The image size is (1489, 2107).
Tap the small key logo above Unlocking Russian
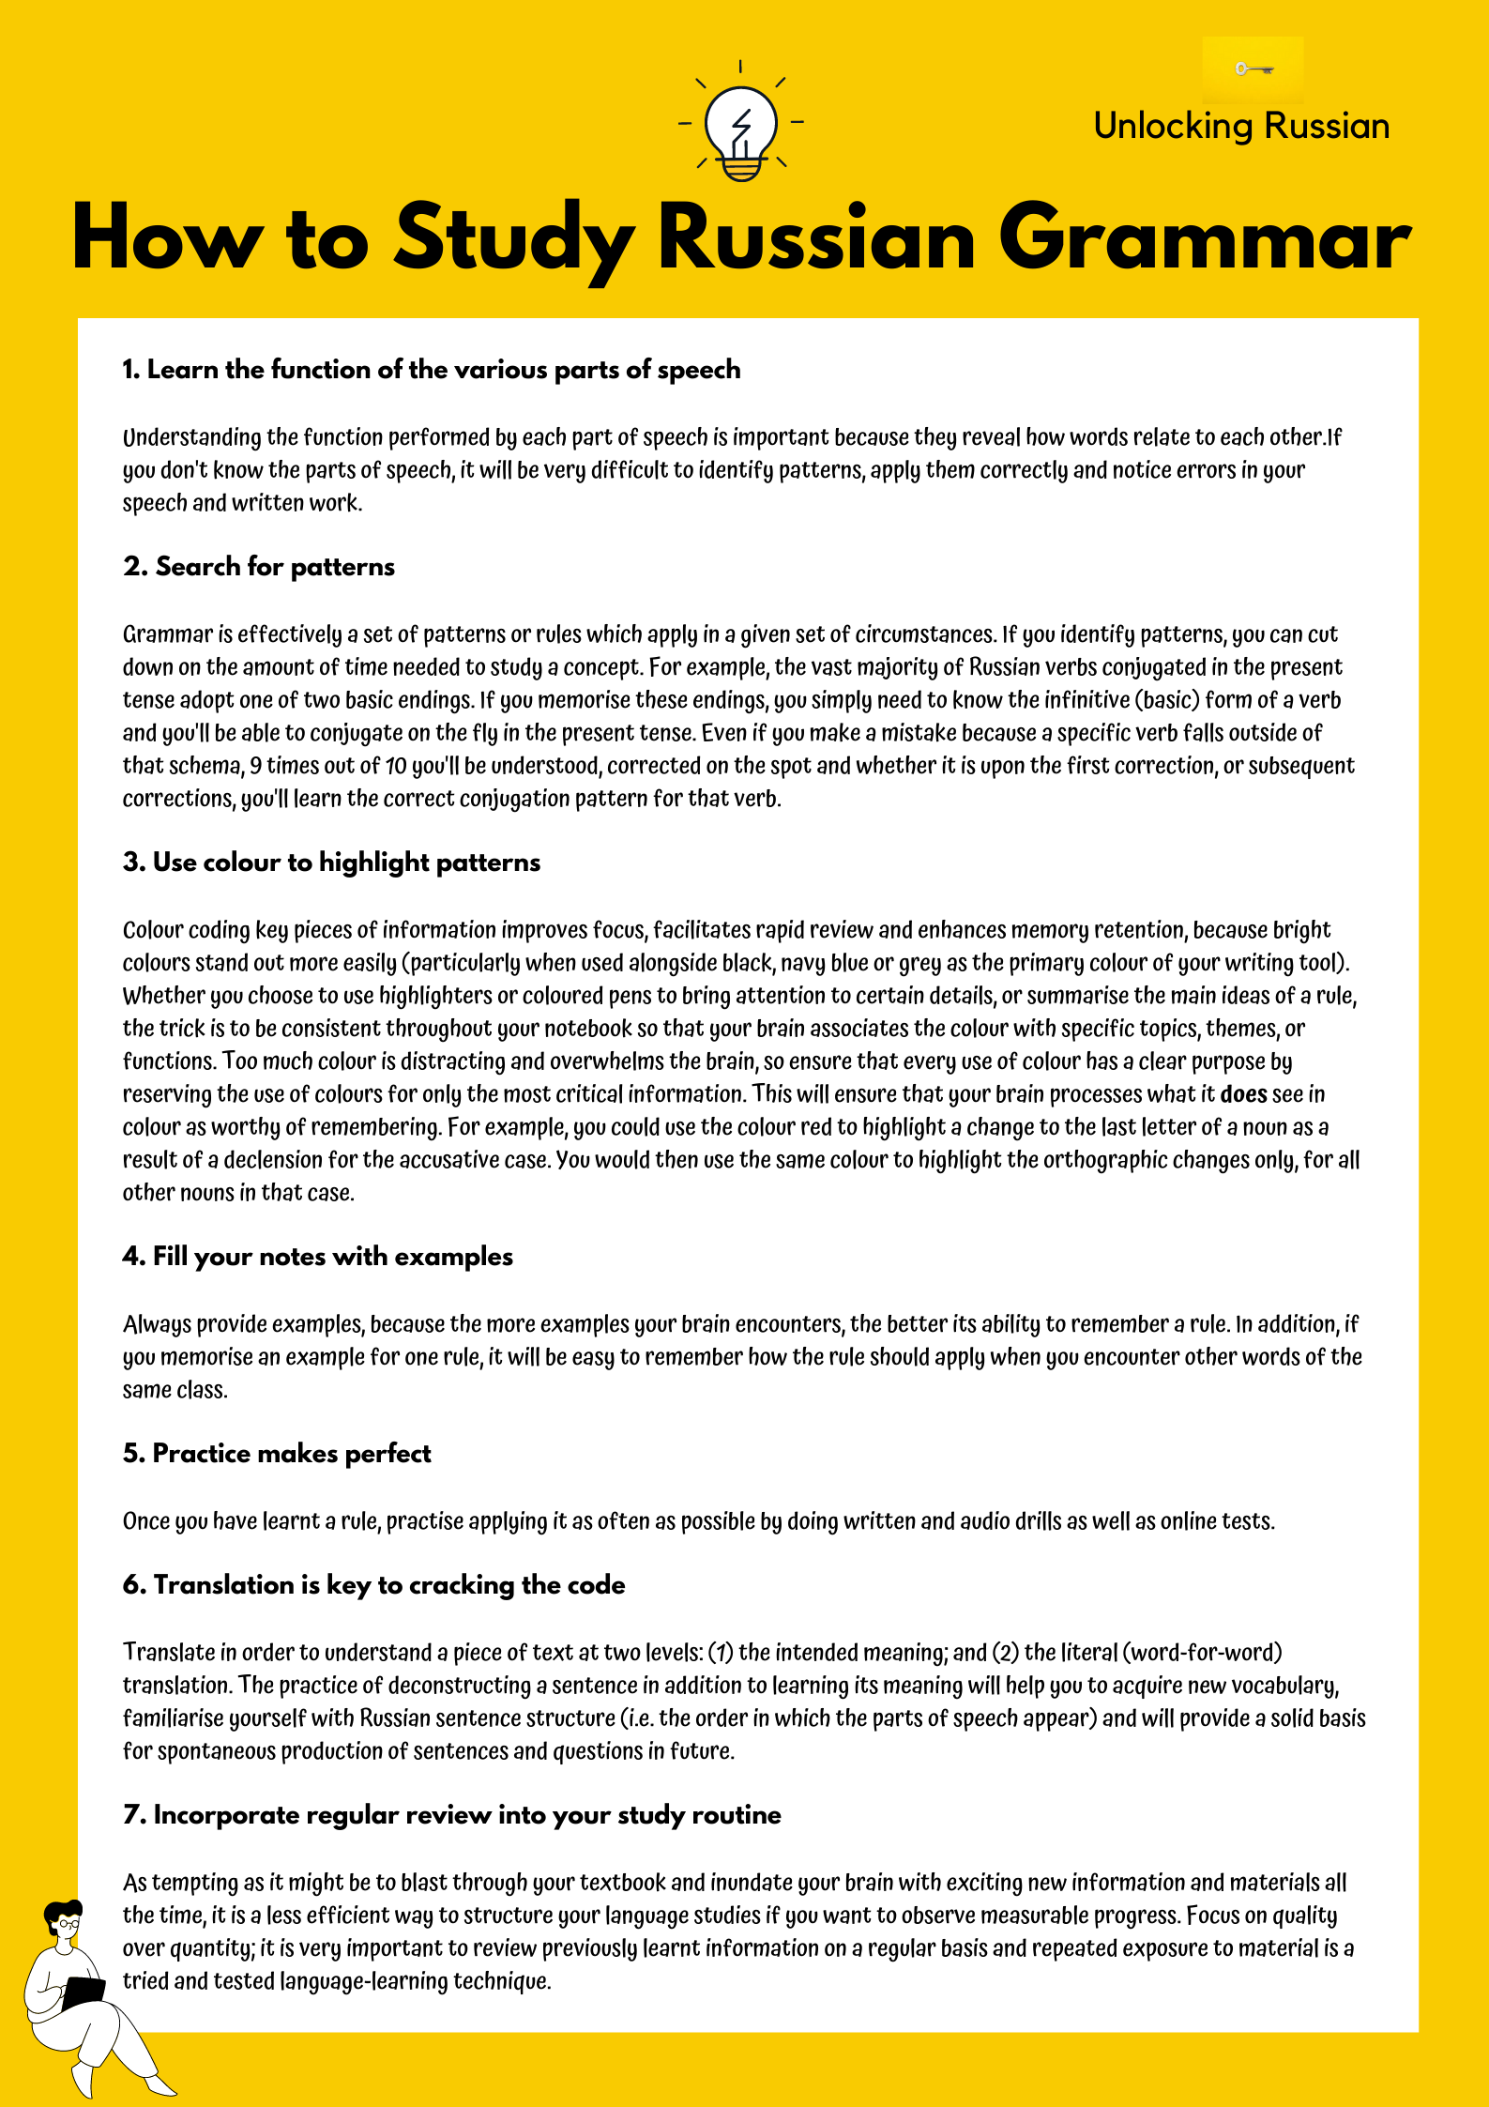[x=1253, y=69]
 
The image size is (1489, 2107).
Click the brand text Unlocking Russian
[x=1240, y=126]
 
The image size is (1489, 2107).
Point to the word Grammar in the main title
[x=1203, y=238]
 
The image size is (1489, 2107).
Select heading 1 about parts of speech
[x=431, y=370]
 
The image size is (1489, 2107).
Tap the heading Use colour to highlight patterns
[x=331, y=863]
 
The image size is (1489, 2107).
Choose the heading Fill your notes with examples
[x=317, y=1257]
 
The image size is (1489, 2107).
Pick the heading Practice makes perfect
[x=277, y=1454]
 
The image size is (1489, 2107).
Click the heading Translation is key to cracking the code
[x=373, y=1585]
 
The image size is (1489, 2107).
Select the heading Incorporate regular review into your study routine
[x=451, y=1815]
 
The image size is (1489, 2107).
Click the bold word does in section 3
[x=1243, y=1094]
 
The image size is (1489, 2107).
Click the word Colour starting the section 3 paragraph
[x=153, y=930]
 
